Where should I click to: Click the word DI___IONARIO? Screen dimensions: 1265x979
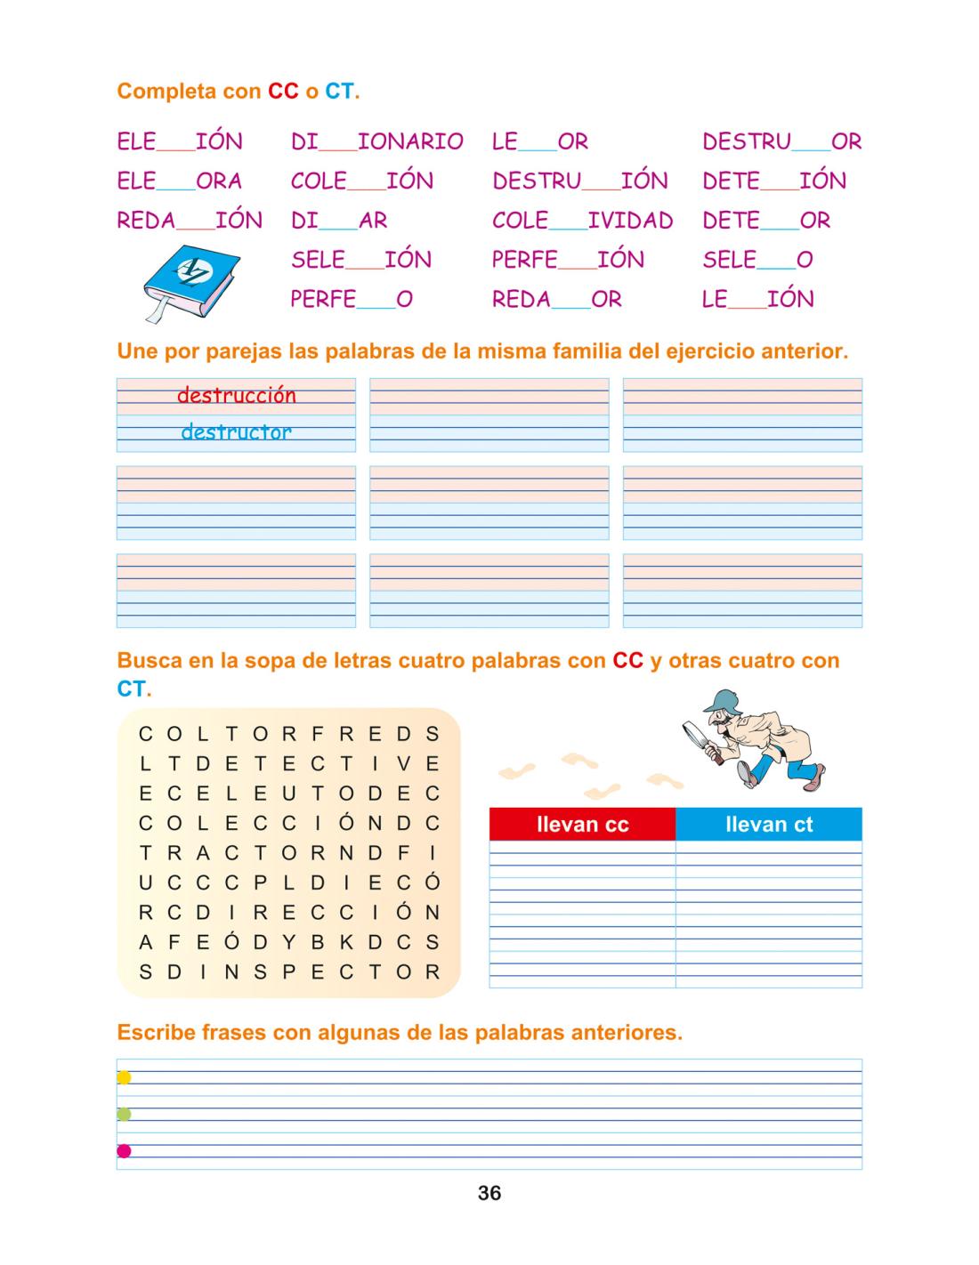[376, 141]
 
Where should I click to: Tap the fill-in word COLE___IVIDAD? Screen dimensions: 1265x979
[582, 221]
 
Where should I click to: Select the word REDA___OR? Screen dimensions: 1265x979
[557, 300]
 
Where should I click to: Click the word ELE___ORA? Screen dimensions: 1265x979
[180, 181]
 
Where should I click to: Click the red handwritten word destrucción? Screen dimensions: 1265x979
[237, 395]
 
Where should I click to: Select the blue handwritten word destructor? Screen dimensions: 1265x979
[236, 432]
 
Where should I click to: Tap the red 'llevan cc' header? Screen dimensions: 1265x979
[582, 825]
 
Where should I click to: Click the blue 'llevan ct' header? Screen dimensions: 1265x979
[769, 825]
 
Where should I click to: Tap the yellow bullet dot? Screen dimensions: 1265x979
[125, 1077]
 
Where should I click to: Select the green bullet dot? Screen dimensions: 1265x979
[125, 1114]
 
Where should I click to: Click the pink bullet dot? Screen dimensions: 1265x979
[125, 1151]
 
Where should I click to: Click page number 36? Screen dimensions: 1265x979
[489, 1193]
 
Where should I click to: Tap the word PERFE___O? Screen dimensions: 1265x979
[352, 300]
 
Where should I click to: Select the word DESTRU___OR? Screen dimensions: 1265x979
[781, 141]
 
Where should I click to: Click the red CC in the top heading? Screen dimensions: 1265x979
[283, 92]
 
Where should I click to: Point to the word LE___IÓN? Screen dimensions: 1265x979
[757, 300]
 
